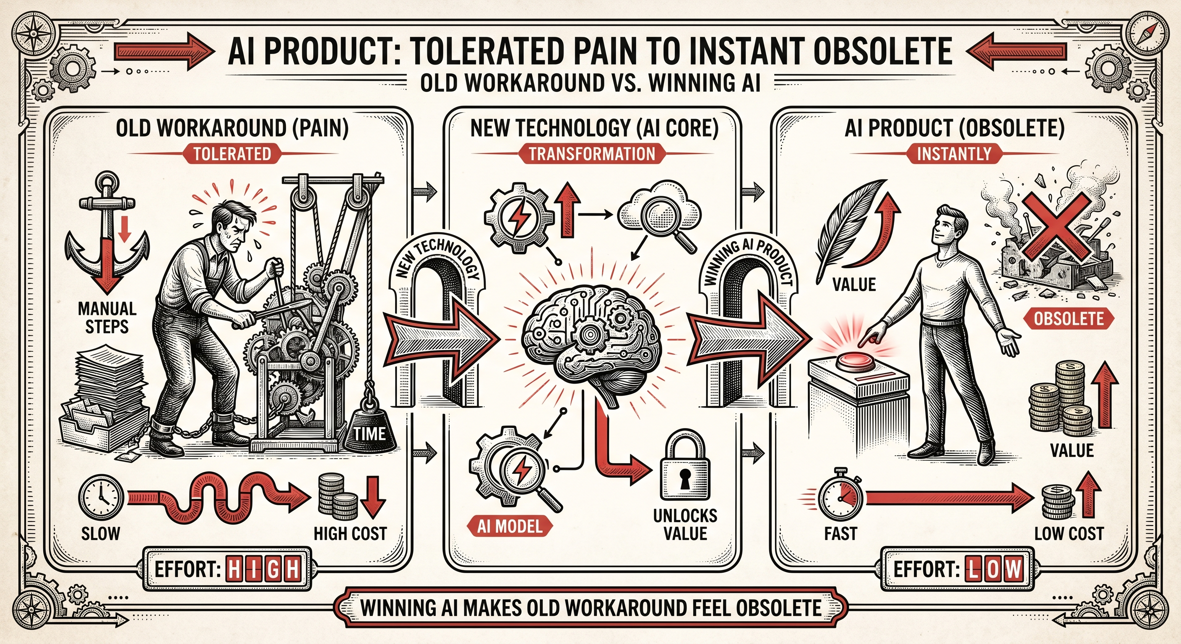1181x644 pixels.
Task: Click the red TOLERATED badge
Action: [232, 153]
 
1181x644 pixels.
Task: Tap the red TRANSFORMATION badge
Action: [592, 153]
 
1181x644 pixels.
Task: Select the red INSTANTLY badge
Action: [954, 153]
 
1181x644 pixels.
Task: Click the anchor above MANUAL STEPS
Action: [107, 234]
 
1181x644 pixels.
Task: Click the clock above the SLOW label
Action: [101, 497]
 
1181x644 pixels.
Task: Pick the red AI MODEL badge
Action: [510, 527]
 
